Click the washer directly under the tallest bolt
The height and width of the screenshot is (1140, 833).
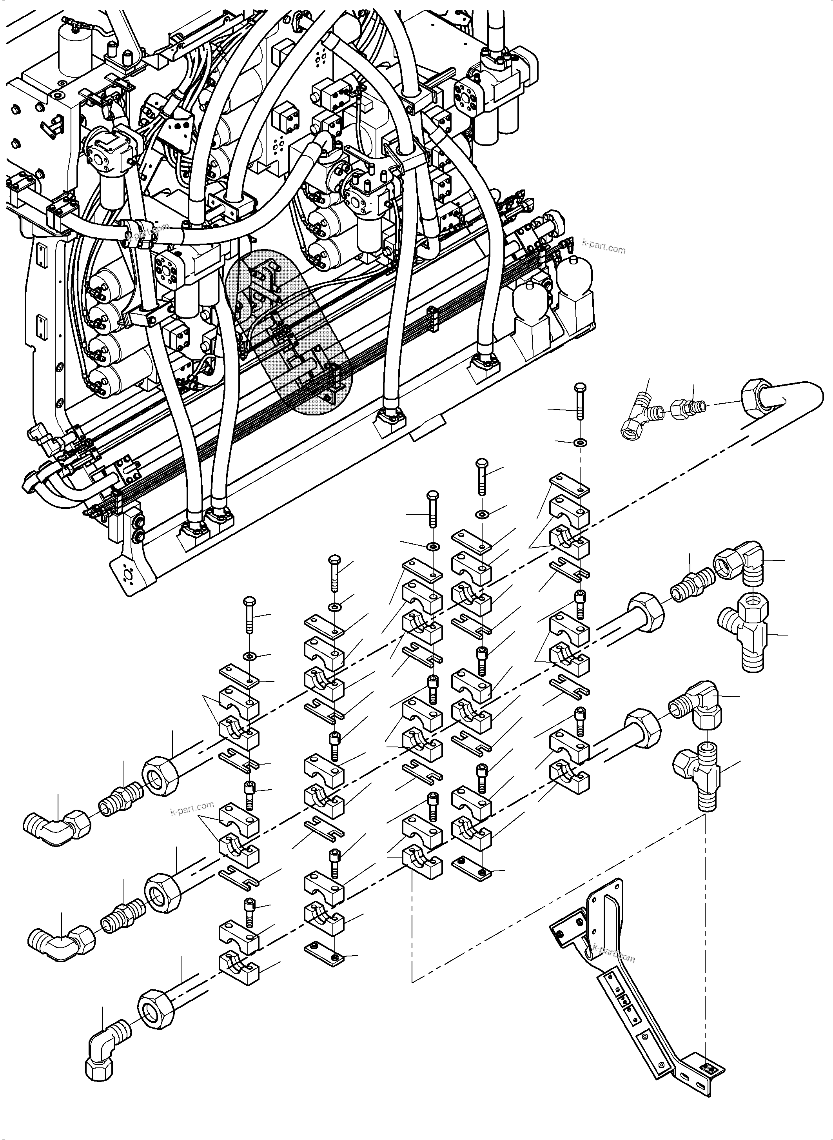pos(581,443)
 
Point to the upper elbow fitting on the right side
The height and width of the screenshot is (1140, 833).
pos(741,560)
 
